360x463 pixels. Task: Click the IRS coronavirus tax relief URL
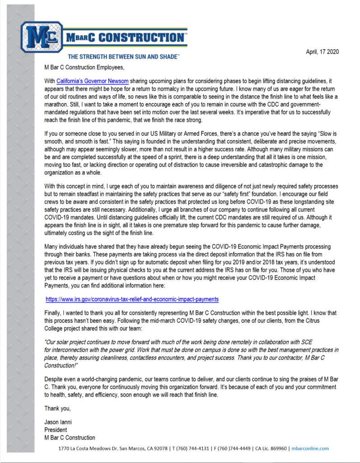click(x=132, y=299)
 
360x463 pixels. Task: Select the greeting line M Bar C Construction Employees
click(x=84, y=67)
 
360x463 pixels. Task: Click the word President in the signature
click(x=56, y=430)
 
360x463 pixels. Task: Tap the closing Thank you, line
click(x=57, y=409)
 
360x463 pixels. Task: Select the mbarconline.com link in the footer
click(x=311, y=449)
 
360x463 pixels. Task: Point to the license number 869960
click(x=279, y=449)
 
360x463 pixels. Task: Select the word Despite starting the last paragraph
click(x=54, y=378)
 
